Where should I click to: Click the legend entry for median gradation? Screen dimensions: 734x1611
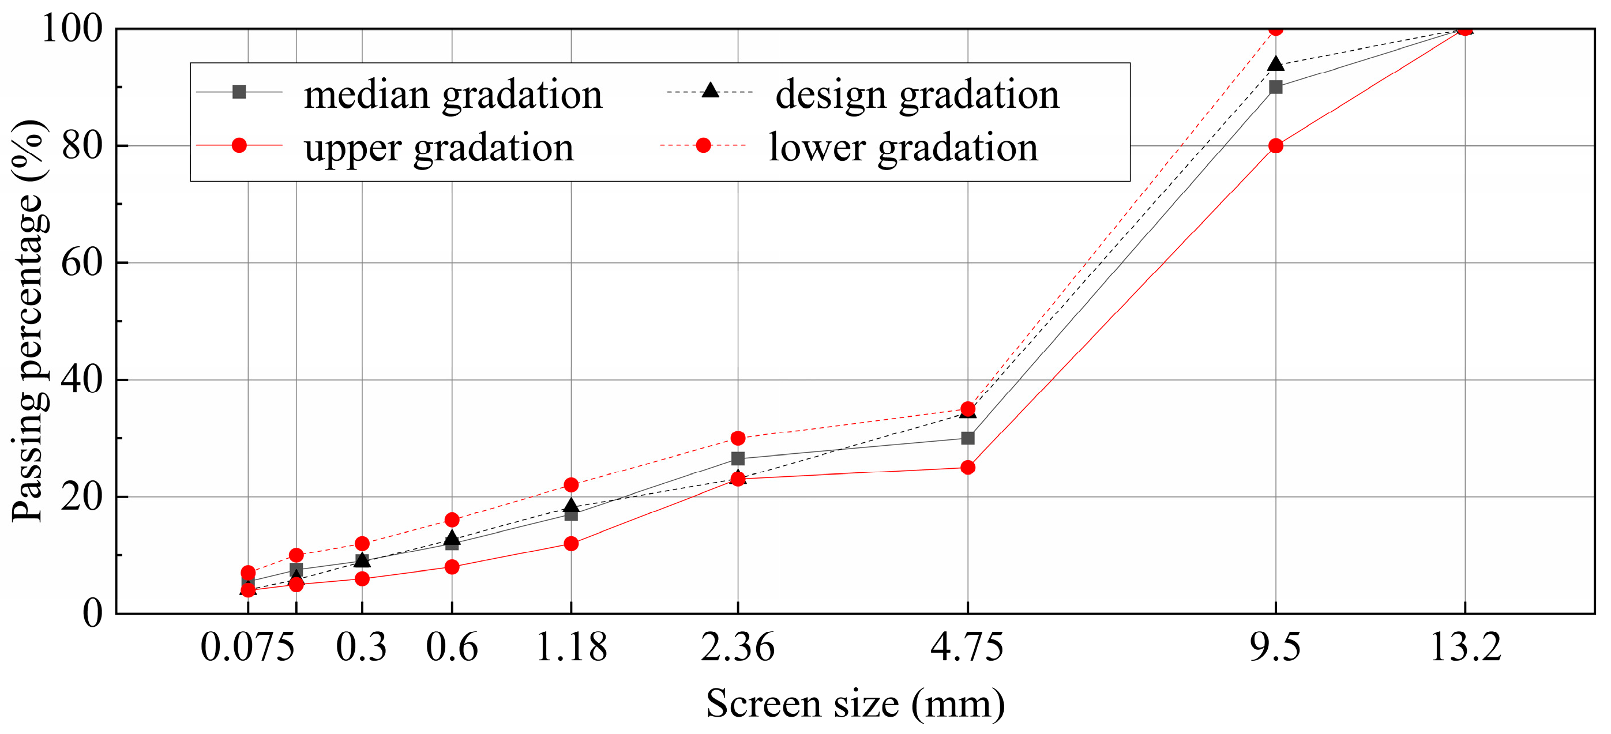click(x=453, y=95)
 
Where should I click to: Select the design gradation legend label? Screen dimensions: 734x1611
click(x=918, y=95)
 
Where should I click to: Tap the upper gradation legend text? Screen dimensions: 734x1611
click(x=438, y=148)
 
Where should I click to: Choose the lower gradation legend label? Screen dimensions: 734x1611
click(x=903, y=148)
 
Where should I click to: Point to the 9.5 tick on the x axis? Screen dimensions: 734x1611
click(x=1276, y=647)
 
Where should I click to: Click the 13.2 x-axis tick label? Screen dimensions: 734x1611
click(x=1465, y=647)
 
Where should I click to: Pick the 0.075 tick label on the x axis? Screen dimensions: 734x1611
click(x=247, y=647)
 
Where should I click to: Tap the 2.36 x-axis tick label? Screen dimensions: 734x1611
click(x=738, y=647)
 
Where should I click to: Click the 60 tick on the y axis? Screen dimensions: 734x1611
click(x=82, y=262)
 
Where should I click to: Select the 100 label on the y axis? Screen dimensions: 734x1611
click(x=72, y=29)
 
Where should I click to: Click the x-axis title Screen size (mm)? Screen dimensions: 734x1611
click(x=855, y=703)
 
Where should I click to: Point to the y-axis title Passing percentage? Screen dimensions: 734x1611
click(x=28, y=320)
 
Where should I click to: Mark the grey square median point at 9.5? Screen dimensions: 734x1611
click(x=1276, y=87)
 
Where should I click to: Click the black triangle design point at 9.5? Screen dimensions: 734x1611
click(x=1276, y=64)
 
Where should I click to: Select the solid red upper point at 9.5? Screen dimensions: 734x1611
click(x=1276, y=146)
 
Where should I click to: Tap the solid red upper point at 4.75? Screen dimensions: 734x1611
click(x=967, y=467)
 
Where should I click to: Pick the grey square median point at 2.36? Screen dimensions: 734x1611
click(x=738, y=459)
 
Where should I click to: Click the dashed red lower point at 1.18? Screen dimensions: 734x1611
click(x=571, y=484)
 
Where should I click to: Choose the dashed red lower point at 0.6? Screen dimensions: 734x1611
click(x=452, y=520)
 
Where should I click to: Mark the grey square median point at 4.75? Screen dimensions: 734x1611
click(x=967, y=438)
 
